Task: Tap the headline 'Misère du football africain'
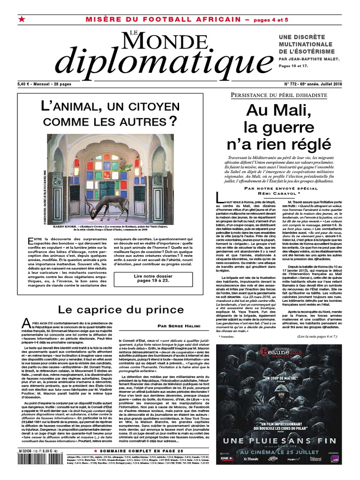[164, 19]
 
